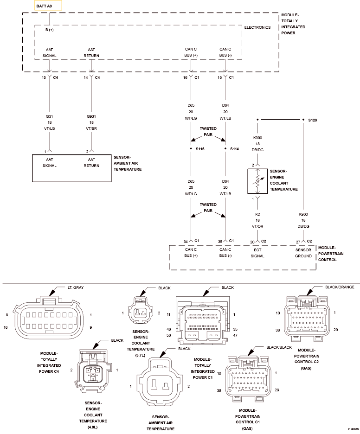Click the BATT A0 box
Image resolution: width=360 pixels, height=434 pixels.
[x=48, y=6]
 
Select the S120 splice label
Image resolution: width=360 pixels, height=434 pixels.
[x=312, y=120]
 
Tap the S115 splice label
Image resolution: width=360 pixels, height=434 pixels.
[x=200, y=149]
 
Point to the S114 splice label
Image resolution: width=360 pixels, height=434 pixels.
[x=234, y=149]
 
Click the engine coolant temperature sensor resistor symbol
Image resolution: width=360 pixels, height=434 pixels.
[x=257, y=181]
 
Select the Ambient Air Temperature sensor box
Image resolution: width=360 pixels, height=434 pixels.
[x=72, y=168]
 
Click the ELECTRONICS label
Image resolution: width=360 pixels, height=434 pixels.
[x=257, y=27]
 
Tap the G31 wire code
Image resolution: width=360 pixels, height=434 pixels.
[x=49, y=116]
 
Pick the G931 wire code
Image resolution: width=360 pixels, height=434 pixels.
[x=91, y=116]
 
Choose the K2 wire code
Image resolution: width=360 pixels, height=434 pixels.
[x=257, y=214]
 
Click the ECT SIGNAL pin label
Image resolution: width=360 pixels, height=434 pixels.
[x=257, y=253]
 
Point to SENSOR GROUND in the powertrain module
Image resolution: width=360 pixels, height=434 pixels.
[x=303, y=253]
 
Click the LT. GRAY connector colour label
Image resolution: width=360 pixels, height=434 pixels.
[x=76, y=287]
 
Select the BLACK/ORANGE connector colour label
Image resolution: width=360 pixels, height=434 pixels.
[x=340, y=287]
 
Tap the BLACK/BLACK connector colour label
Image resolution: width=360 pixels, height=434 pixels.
[x=279, y=347]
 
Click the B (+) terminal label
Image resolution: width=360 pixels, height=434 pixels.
[x=50, y=30]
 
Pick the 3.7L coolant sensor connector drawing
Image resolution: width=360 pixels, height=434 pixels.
[x=141, y=310]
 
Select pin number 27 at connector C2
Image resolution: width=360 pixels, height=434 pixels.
[x=298, y=242]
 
